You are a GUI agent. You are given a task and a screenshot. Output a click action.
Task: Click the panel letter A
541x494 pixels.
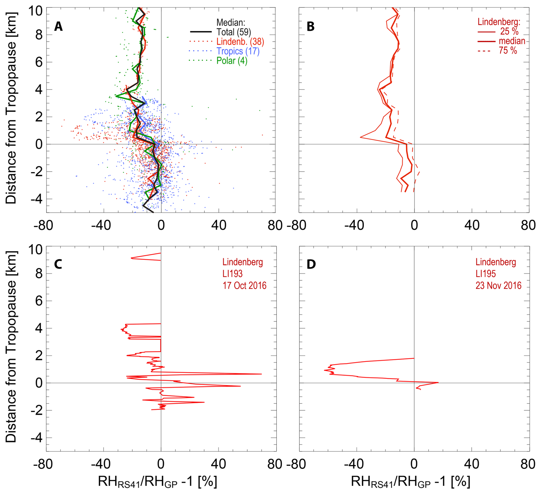tap(58, 26)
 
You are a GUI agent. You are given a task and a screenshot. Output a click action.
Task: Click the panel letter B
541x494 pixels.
tap(311, 26)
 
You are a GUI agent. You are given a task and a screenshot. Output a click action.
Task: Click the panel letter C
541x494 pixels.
tap(58, 264)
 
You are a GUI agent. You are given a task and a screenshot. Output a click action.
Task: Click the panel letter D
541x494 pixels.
tap(311, 264)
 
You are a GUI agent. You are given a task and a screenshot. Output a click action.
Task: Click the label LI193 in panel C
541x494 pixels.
tap(232, 274)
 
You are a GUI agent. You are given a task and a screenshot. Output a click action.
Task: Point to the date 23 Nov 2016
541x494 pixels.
tap(498, 285)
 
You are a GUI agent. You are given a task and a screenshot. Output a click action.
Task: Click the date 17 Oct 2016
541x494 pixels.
tap(244, 285)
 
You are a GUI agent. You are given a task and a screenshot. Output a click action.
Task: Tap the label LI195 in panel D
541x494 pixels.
tap(486, 274)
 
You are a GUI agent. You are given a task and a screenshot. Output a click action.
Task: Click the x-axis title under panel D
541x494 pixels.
tap(410, 482)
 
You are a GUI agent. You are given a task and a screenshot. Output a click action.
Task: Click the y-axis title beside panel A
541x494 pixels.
tap(11, 108)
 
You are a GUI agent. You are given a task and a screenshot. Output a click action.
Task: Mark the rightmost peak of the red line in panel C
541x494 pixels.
tap(261, 374)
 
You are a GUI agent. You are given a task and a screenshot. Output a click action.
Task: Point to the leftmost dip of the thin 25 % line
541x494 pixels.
tap(360, 138)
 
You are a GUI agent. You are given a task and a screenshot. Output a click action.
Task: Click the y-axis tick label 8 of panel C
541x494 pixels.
tap(39, 274)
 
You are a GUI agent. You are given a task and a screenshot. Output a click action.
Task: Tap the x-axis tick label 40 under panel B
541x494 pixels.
tap(472, 226)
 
